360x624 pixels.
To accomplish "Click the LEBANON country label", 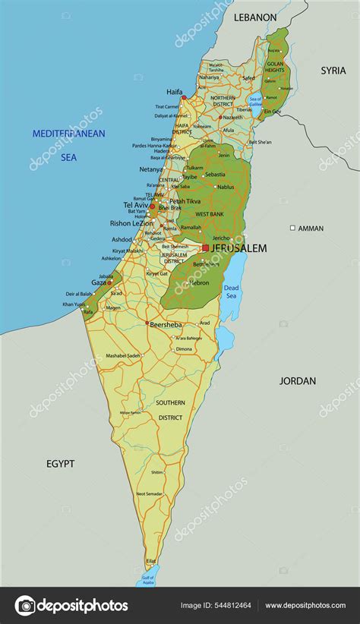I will coord(254,17).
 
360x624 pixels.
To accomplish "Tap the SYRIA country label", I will coord(333,71).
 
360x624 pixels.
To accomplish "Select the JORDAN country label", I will coord(298,380).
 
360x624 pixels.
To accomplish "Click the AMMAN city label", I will coord(311,228).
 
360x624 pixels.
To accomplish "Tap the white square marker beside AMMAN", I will coord(292,228).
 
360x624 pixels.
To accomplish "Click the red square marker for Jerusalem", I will coord(205,247).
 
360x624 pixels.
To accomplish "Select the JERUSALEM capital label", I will coord(238,248).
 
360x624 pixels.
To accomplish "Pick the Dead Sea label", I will coord(231,292).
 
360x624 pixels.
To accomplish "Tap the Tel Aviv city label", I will coord(135,205).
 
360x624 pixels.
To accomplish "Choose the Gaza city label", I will coord(99,282).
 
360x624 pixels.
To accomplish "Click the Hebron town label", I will coord(199,282).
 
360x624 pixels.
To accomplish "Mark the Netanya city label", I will coord(152,169).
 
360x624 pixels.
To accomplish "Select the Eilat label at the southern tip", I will coord(151,561).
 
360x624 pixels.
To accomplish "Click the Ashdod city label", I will coord(122,239).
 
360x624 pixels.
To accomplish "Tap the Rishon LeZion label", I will coord(131,223).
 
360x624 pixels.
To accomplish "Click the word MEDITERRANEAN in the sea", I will coord(68,134).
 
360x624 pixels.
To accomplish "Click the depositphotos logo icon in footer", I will coord(25,605).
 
